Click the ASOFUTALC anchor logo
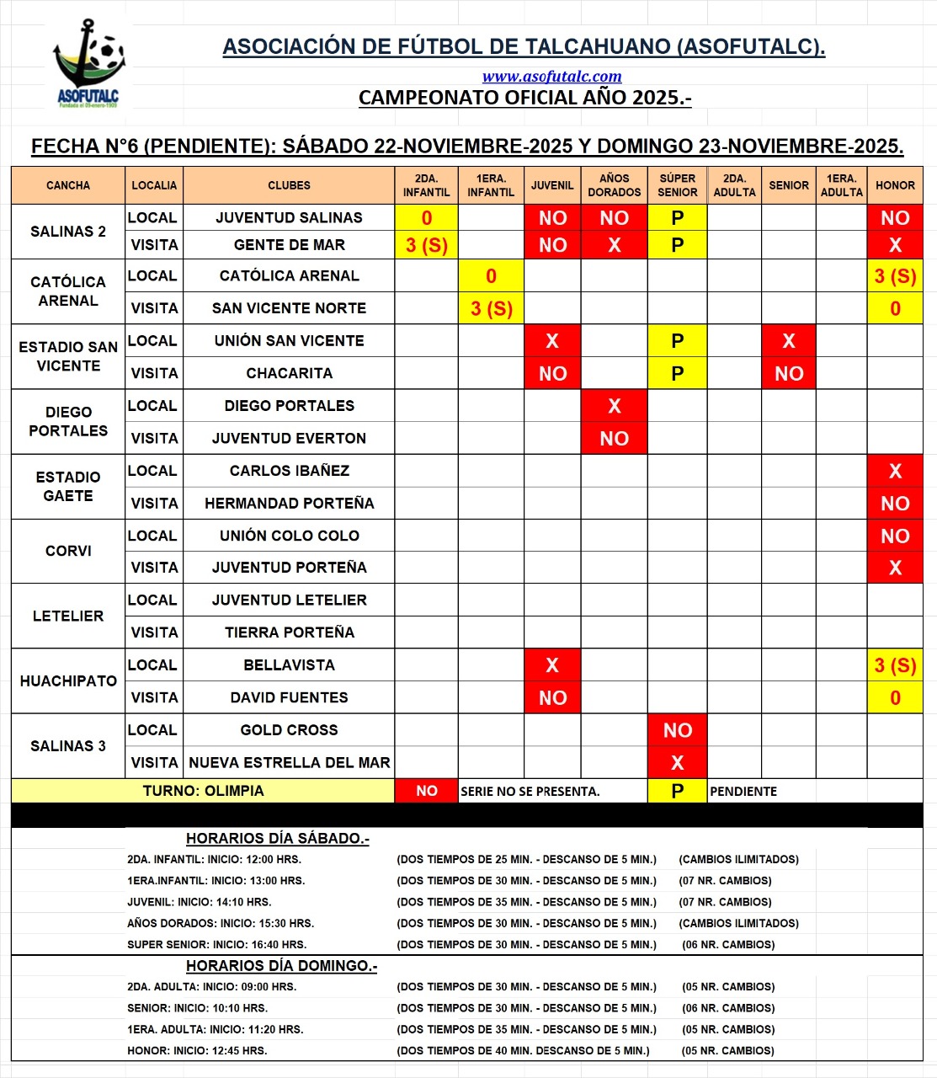[x=88, y=63]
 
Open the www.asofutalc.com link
[x=551, y=77]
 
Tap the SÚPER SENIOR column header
[x=677, y=185]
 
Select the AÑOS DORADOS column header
[x=614, y=185]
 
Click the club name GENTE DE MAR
[x=289, y=245]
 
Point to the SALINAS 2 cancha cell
[x=68, y=232]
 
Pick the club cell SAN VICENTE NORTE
[x=289, y=308]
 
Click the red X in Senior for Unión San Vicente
[x=788, y=341]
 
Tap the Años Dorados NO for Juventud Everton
[x=614, y=439]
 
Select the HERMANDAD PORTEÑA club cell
[x=289, y=504]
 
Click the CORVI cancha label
[x=68, y=551]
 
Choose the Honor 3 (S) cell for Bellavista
[x=895, y=665]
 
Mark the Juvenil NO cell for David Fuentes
[x=552, y=698]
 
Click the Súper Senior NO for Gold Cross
[x=677, y=730]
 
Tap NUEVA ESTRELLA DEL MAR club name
[x=289, y=763]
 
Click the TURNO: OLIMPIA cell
[x=203, y=791]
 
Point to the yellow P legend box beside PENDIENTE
[x=677, y=791]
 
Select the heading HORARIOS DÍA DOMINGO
[x=281, y=966]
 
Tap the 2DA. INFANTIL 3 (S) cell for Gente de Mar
[x=426, y=245]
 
